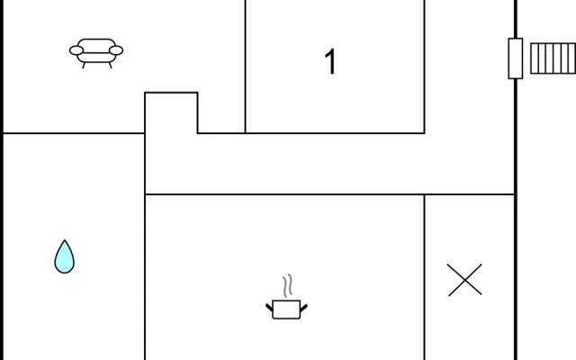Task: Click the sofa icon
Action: [x=96, y=53]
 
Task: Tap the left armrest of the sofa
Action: [x=76, y=50]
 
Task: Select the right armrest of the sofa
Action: [x=116, y=50]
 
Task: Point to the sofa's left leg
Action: [x=84, y=66]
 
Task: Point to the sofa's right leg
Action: [x=110, y=66]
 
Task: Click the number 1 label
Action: [x=330, y=61]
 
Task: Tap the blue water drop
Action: [x=64, y=256]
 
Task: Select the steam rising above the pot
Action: [x=288, y=286]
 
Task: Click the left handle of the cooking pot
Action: [x=270, y=308]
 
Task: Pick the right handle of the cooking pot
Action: [x=304, y=308]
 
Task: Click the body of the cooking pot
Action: [x=286, y=310]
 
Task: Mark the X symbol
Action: [x=464, y=280]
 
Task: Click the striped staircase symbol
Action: [x=553, y=58]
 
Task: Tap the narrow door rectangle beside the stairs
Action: [x=516, y=58]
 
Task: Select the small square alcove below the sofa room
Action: [x=171, y=112]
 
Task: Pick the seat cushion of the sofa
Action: [x=96, y=58]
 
